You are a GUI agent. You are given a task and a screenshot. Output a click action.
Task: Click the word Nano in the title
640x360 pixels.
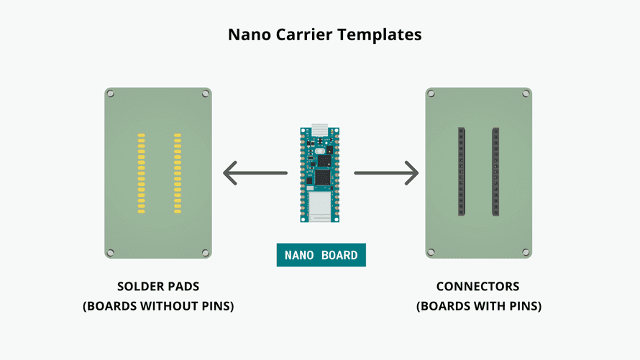(247, 34)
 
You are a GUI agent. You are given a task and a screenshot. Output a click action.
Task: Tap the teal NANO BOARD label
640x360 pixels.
(321, 255)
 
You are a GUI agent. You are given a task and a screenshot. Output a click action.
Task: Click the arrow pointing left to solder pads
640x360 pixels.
(255, 173)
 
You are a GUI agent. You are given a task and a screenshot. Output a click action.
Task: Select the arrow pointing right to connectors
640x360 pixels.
(386, 173)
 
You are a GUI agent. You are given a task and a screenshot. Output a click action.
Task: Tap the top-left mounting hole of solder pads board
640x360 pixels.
(111, 93)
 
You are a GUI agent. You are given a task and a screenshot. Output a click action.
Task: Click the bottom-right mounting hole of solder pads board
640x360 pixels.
(205, 252)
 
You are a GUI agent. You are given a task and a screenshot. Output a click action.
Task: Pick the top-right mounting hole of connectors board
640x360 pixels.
(526, 93)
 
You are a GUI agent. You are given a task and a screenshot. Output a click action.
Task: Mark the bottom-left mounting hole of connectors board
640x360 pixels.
(431, 252)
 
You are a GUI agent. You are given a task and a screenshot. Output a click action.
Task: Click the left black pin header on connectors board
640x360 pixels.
(462, 172)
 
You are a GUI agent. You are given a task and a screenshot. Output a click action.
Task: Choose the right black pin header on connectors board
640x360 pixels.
(495, 172)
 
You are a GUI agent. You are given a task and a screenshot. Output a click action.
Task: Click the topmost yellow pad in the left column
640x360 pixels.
(142, 134)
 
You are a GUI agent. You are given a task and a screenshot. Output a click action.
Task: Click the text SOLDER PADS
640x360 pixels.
(158, 287)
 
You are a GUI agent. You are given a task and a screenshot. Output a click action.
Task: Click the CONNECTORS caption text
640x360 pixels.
(478, 287)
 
